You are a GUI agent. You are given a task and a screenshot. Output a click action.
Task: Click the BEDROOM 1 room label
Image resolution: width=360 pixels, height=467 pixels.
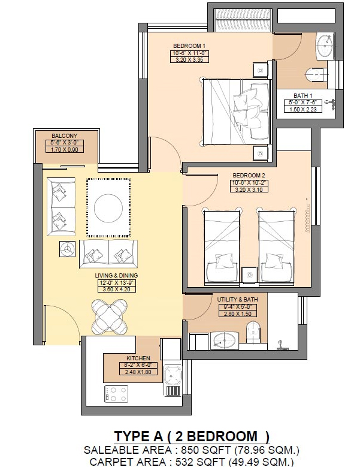pyautogui.click(x=189, y=46)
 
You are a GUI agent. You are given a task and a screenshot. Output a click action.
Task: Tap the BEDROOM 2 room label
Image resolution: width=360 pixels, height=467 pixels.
pyautogui.click(x=249, y=175)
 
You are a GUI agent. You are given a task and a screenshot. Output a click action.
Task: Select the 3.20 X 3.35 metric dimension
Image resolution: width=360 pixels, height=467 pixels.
pyautogui.click(x=189, y=59)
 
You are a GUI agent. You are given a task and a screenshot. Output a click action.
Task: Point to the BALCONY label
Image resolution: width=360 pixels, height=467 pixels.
pyautogui.click(x=64, y=136)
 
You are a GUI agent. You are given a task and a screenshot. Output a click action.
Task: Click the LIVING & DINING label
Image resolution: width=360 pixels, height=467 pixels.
pyautogui.click(x=116, y=276)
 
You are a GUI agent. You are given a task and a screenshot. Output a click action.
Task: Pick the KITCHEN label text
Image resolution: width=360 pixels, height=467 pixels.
pyautogui.click(x=138, y=358)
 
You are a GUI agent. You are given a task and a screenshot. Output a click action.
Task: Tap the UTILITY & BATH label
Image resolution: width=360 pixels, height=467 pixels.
pyautogui.click(x=237, y=299)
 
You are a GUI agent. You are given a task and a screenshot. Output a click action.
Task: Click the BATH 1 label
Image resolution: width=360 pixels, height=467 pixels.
pyautogui.click(x=303, y=95)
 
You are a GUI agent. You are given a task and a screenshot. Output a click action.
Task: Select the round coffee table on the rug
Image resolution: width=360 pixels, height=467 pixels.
pyautogui.click(x=108, y=208)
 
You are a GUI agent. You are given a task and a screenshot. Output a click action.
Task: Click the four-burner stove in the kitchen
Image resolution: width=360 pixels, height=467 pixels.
pyautogui.click(x=116, y=394)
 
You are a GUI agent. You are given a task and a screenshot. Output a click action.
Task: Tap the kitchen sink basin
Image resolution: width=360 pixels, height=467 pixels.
pyautogui.click(x=173, y=375)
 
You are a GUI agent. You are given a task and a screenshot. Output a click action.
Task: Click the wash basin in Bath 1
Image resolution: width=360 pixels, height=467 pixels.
pyautogui.click(x=324, y=46)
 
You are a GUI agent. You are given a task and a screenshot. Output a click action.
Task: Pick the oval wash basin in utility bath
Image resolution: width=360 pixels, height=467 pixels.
pyautogui.click(x=225, y=341)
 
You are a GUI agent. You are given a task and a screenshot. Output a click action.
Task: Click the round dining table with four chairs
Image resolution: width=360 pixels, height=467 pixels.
pyautogui.click(x=110, y=317)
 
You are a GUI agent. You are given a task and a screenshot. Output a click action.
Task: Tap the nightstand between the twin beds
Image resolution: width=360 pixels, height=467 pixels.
pyautogui.click(x=249, y=275)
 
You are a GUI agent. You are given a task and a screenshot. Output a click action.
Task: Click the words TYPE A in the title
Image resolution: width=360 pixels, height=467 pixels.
pyautogui.click(x=139, y=436)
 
